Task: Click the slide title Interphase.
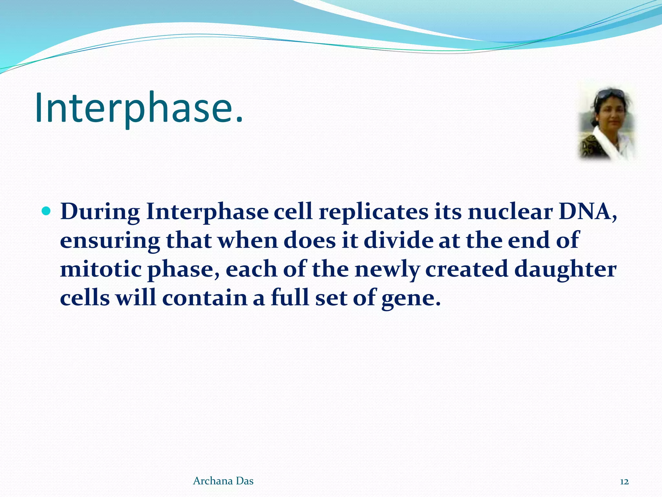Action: pos(139,108)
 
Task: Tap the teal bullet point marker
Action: pos(47,211)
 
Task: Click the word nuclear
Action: pos(510,212)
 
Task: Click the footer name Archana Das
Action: pos(223,481)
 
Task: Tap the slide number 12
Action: pos(624,482)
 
